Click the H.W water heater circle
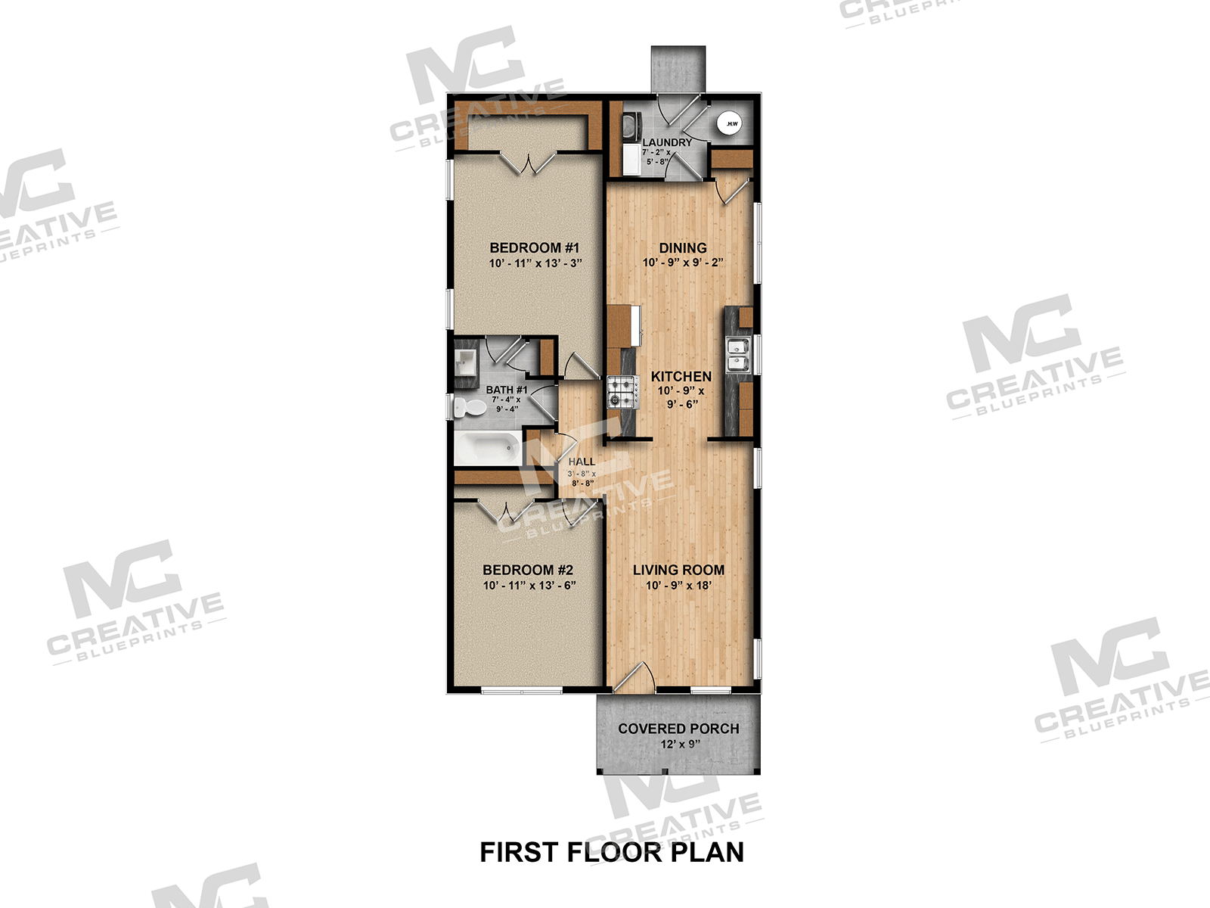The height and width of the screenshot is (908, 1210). pos(731,123)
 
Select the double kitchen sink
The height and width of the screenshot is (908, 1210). pos(738,355)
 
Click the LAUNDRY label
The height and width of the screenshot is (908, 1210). pos(666,142)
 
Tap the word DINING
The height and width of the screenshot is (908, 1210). pos(682,247)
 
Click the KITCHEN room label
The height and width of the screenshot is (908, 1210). pos(681,376)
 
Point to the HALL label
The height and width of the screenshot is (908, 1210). pos(582,462)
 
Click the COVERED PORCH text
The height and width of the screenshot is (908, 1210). pos(678,729)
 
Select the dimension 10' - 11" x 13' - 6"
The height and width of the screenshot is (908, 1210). pos(529,586)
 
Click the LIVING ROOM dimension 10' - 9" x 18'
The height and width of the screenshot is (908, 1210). pos(678,586)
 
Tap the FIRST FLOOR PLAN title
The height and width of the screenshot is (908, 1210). pos(612,853)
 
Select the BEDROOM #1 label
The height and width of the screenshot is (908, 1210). pos(534,247)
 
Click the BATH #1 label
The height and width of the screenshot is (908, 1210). pos(506,390)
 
